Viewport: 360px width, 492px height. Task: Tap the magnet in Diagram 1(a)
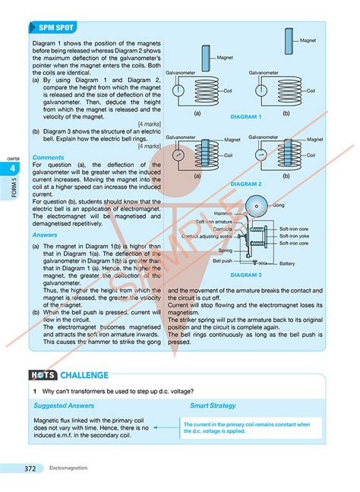tap(206, 58)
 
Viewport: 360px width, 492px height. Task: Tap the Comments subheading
tap(49, 157)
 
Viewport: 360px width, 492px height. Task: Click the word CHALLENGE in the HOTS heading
tap(84, 374)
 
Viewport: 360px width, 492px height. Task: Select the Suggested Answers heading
tap(65, 405)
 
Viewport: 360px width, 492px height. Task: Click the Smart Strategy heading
tap(213, 405)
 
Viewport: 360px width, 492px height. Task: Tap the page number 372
tap(30, 468)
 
